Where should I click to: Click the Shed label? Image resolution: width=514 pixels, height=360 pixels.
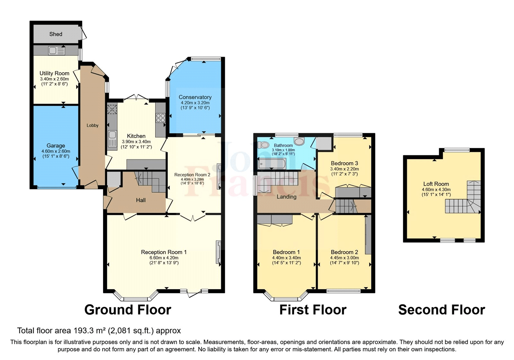(x=56, y=34)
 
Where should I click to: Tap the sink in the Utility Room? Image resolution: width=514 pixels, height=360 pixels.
(x=57, y=51)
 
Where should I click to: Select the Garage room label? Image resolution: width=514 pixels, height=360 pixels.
(x=56, y=146)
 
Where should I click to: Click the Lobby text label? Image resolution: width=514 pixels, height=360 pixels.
(x=93, y=125)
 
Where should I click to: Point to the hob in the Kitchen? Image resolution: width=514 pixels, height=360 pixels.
(x=160, y=118)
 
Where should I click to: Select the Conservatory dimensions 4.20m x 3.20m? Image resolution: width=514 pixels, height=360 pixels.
(x=195, y=103)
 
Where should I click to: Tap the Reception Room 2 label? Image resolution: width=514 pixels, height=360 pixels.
(x=192, y=175)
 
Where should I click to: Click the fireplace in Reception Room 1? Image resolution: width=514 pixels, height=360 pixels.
(x=218, y=252)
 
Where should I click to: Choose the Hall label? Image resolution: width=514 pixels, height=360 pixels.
(x=141, y=200)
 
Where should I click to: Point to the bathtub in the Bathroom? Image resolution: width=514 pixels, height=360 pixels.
(x=271, y=164)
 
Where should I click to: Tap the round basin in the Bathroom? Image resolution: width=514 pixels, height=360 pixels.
(x=299, y=141)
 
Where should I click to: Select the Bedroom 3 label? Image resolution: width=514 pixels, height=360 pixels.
(x=344, y=163)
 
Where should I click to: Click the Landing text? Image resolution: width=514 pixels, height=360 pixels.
(x=287, y=197)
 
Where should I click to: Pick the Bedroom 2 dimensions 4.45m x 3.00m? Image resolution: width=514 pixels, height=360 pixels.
(x=344, y=258)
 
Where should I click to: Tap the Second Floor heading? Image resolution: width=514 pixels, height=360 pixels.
(x=441, y=310)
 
